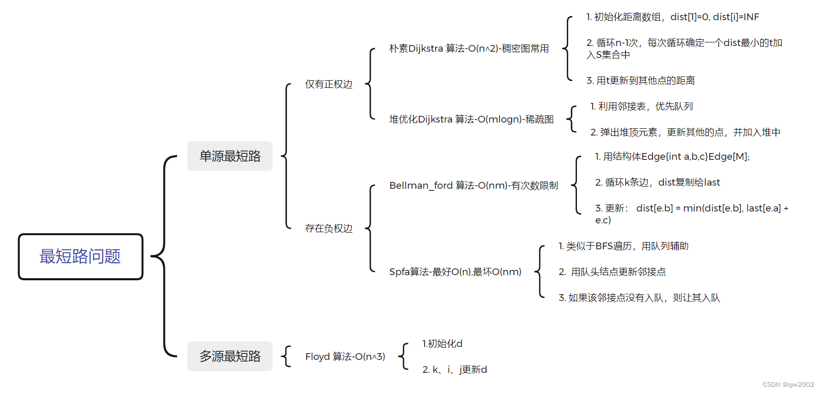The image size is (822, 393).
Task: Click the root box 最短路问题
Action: click(x=80, y=256)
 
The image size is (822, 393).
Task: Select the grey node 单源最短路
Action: click(x=230, y=156)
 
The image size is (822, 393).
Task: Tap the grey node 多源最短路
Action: click(x=230, y=356)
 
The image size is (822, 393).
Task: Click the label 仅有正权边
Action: click(x=329, y=84)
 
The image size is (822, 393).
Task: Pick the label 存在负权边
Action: click(x=329, y=229)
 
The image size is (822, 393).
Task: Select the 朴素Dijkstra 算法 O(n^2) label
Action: click(x=469, y=49)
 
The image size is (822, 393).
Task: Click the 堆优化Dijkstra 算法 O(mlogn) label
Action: click(x=471, y=119)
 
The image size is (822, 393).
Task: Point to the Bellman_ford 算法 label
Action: click(x=474, y=186)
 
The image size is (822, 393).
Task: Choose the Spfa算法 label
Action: click(x=455, y=272)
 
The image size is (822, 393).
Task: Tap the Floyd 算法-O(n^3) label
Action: click(x=345, y=357)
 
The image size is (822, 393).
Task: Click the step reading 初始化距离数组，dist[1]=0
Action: click(x=673, y=17)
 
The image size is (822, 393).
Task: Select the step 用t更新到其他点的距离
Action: click(x=641, y=81)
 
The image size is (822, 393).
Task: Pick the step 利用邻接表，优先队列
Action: click(x=642, y=107)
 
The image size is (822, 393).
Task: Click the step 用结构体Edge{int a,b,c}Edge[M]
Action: click(x=672, y=157)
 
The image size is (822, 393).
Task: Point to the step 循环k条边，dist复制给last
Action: click(x=657, y=183)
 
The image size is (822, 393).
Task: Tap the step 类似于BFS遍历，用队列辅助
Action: click(x=623, y=246)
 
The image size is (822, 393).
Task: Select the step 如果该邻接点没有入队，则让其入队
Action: click(x=640, y=298)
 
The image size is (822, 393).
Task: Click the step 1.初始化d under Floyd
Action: click(x=443, y=344)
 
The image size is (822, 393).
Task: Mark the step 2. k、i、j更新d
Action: click(x=454, y=370)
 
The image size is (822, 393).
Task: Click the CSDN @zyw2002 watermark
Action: click(x=788, y=385)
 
